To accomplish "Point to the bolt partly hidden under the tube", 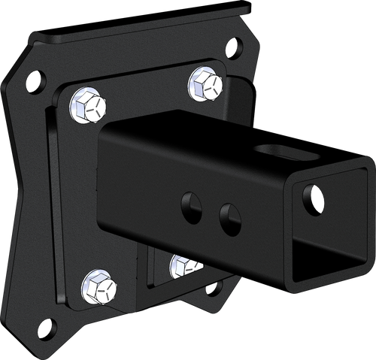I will pyautogui.click(x=183, y=265).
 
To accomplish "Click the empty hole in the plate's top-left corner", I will pyautogui.click(x=35, y=77).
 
